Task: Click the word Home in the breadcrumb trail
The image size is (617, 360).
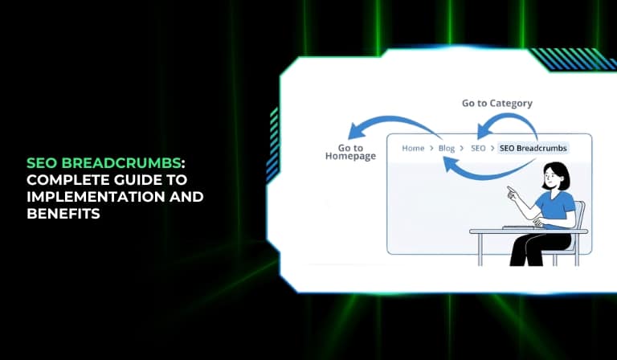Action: [x=413, y=149]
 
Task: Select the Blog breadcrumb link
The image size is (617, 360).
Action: [x=446, y=149]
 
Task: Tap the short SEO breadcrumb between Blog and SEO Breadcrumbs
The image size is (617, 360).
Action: [x=478, y=149]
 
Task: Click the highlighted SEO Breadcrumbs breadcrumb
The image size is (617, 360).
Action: [x=533, y=149]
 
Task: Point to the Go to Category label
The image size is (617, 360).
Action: [x=497, y=104]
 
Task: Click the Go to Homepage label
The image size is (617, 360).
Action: [x=350, y=152]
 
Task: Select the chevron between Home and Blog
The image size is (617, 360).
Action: [x=431, y=149]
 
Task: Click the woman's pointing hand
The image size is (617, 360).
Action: [x=513, y=193]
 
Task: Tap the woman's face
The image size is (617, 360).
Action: [x=550, y=178]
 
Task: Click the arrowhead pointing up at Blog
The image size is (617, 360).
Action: [x=449, y=164]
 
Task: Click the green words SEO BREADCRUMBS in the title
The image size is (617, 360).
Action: [x=104, y=163]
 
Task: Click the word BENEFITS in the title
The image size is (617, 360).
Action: [x=63, y=214]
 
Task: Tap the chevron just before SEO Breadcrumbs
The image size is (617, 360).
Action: [x=492, y=149]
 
